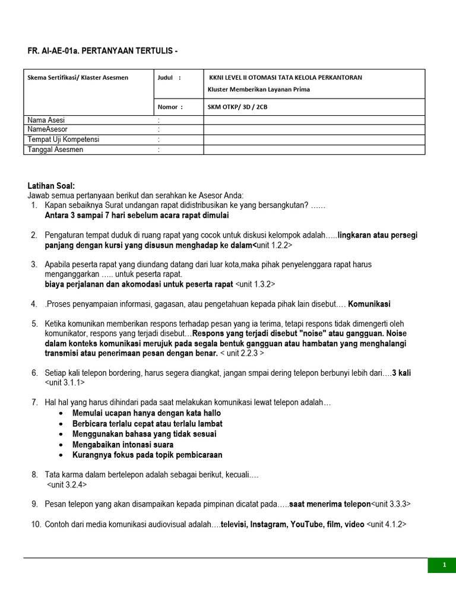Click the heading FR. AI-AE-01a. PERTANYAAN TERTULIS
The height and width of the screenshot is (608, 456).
click(x=102, y=52)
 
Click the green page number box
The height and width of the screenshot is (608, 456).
click(x=444, y=565)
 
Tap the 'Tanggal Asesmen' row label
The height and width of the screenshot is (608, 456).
click(x=55, y=150)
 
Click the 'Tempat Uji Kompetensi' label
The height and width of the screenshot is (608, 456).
click(x=64, y=140)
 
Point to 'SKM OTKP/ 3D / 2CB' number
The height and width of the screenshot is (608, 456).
click(x=242, y=107)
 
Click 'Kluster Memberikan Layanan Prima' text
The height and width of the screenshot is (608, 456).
click(x=258, y=89)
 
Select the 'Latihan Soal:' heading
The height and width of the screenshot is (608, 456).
click(x=52, y=186)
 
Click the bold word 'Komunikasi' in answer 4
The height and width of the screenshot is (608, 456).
click(x=369, y=304)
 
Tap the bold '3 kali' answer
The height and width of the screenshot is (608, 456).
click(x=402, y=372)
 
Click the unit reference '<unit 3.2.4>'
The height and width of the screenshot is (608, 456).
click(x=66, y=485)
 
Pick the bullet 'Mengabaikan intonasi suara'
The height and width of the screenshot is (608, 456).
click(x=123, y=445)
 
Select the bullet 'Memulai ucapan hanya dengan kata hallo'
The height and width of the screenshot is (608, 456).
click(x=146, y=413)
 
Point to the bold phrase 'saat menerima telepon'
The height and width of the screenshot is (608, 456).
click(x=330, y=504)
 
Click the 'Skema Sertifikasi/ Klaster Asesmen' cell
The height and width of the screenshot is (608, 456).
click(x=78, y=77)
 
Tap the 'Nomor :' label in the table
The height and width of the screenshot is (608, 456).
click(x=170, y=107)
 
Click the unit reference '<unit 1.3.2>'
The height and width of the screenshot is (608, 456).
click(x=255, y=284)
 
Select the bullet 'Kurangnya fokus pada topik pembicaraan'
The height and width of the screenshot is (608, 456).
click(x=147, y=455)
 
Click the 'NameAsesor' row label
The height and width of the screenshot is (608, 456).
click(x=48, y=129)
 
